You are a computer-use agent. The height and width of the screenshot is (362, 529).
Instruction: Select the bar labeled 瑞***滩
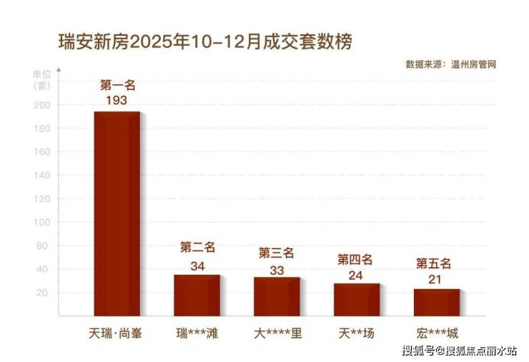click(x=197, y=295)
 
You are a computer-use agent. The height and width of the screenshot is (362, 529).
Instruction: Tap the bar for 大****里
click(x=277, y=296)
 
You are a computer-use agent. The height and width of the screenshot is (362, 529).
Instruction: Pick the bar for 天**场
click(x=356, y=299)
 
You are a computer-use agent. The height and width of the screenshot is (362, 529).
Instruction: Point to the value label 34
click(x=197, y=265)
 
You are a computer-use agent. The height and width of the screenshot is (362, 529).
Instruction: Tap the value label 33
click(x=277, y=270)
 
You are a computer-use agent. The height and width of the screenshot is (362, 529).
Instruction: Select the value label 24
click(x=356, y=275)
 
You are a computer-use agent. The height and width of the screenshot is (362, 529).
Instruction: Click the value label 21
click(x=436, y=279)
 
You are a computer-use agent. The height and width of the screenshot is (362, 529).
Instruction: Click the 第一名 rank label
click(x=117, y=85)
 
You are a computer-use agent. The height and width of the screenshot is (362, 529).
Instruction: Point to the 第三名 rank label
click(x=277, y=253)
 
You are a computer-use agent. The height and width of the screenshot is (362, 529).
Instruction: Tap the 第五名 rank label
click(x=436, y=263)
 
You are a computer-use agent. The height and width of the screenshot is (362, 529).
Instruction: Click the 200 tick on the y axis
click(x=42, y=105)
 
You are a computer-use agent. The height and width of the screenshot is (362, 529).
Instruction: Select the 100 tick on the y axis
click(x=42, y=222)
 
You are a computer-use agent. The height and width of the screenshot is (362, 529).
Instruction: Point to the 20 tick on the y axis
click(x=44, y=293)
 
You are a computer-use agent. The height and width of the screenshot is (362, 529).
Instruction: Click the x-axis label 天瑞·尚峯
click(x=117, y=333)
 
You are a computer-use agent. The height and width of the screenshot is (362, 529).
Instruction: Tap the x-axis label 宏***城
click(x=436, y=333)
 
